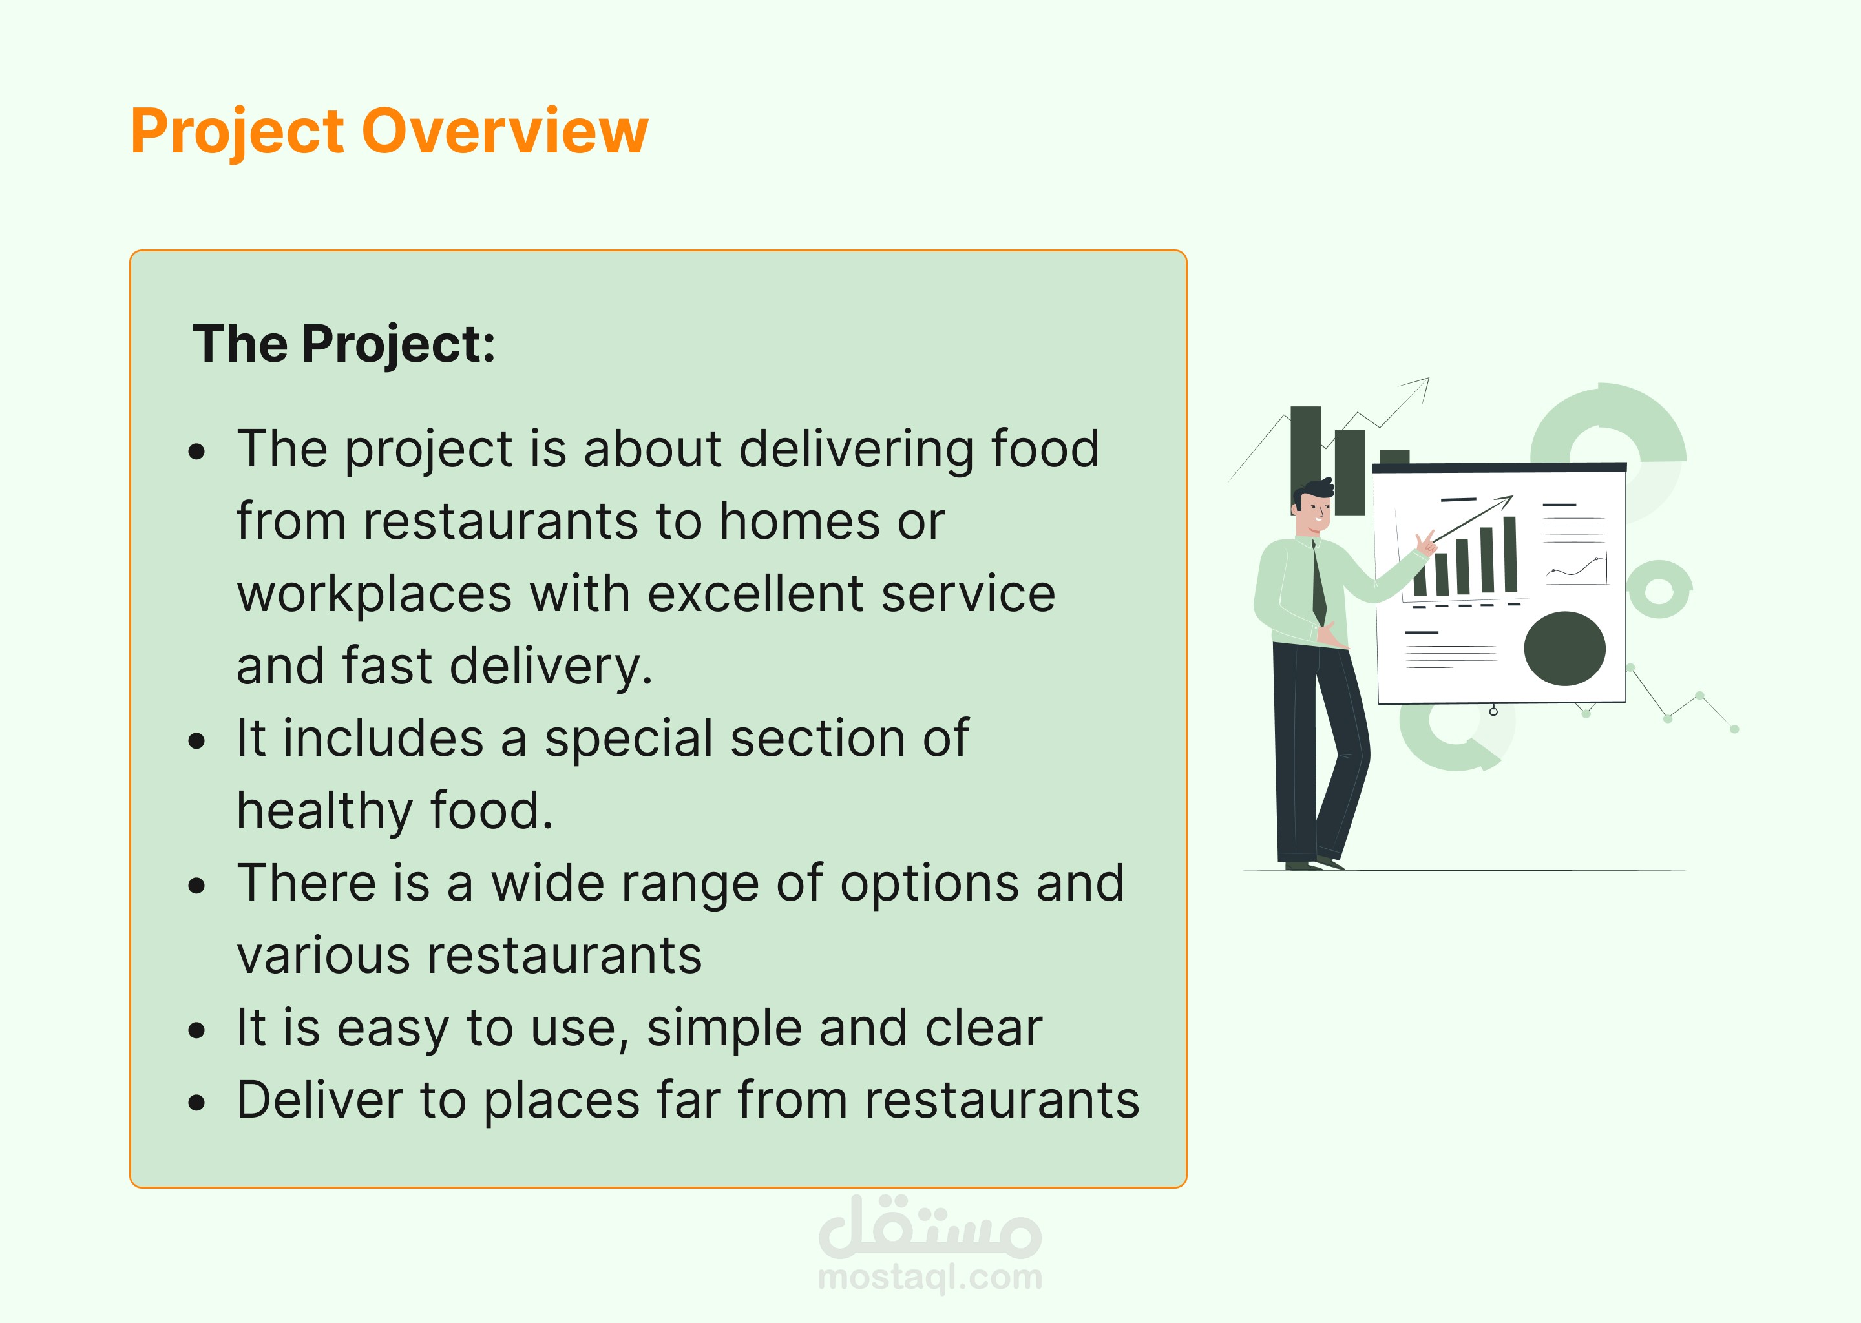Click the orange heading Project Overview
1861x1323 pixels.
[x=390, y=132]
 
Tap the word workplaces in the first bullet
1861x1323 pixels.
[x=375, y=595]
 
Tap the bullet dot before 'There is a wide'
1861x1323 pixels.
[x=196, y=886]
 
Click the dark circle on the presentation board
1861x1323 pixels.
[x=1564, y=649]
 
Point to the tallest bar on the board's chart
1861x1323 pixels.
[x=1510, y=554]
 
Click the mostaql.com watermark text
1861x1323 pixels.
[x=930, y=1277]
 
